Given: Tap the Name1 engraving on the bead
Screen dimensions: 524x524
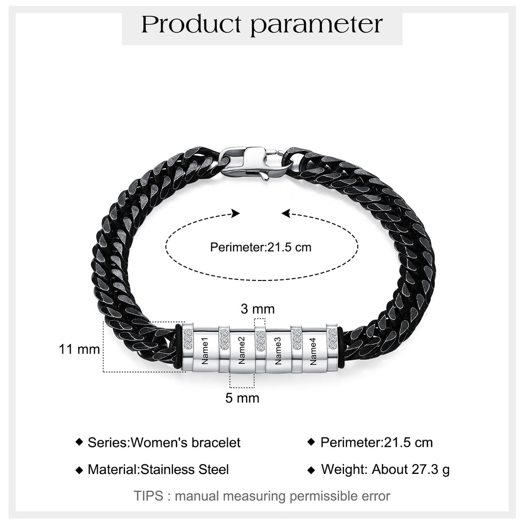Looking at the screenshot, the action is [x=205, y=351].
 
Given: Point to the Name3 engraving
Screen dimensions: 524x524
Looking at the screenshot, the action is [x=277, y=351].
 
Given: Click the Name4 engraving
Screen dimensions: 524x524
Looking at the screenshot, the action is [x=313, y=351].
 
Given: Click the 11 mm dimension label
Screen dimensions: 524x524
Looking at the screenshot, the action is [x=79, y=349].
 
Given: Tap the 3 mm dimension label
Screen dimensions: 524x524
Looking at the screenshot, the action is [x=258, y=309].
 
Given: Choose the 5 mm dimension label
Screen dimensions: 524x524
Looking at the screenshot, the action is [x=242, y=398].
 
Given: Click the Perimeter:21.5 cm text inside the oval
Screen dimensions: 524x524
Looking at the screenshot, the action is [x=260, y=247].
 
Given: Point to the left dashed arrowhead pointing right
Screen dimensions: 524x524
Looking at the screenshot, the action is [x=235, y=213].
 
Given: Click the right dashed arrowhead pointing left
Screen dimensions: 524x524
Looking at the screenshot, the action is [x=286, y=213].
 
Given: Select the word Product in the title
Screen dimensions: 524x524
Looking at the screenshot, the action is [x=191, y=25].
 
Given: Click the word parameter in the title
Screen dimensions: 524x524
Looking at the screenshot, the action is [x=316, y=26].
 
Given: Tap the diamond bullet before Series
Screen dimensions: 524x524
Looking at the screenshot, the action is [x=79, y=442].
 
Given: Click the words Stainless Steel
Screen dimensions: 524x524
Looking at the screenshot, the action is [x=185, y=470].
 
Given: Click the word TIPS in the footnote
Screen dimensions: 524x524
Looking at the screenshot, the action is [x=148, y=496].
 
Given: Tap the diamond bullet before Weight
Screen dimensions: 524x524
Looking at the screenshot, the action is [x=311, y=470].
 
